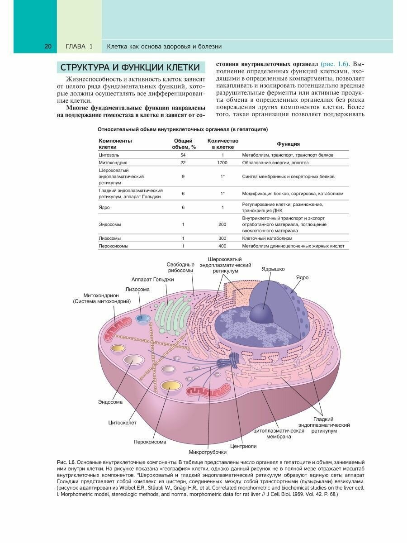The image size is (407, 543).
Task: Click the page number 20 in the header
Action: (x=48, y=46)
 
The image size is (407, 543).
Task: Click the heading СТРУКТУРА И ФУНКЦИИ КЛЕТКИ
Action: (x=130, y=67)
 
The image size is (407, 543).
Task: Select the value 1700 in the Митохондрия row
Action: (x=222, y=162)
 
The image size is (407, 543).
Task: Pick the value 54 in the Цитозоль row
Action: (x=183, y=155)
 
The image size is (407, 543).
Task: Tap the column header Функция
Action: (x=289, y=144)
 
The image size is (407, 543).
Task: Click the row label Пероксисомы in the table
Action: (x=114, y=246)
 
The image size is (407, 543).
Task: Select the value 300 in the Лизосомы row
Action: (x=222, y=238)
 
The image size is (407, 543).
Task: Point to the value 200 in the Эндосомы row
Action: (x=222, y=224)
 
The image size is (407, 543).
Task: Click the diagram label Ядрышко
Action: (x=273, y=269)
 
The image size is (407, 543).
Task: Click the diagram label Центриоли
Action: (x=243, y=446)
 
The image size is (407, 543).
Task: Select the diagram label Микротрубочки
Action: (x=208, y=452)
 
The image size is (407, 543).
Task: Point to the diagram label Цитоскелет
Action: (x=122, y=423)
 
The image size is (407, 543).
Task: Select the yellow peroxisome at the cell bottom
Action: (x=171, y=387)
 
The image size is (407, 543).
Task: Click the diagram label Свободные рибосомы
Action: (x=180, y=267)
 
